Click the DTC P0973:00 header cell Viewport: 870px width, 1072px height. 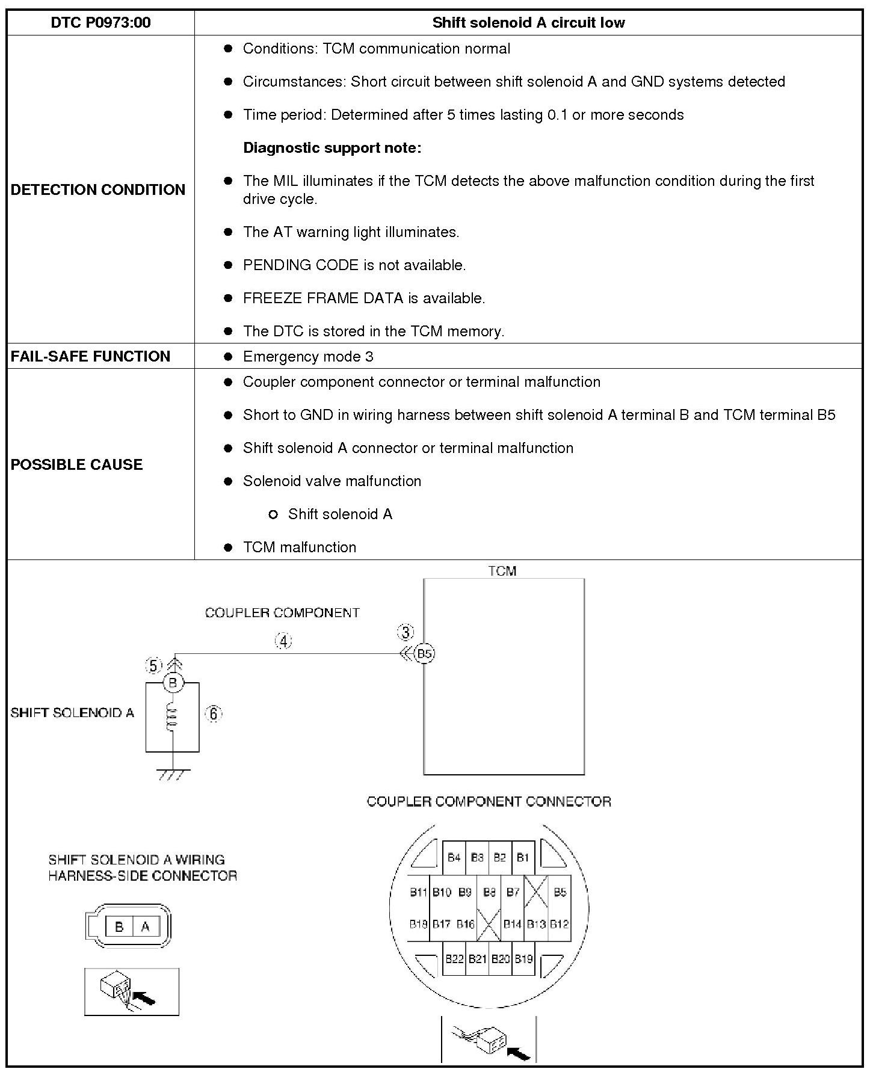click(x=100, y=23)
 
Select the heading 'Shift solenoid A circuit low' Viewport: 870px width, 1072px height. click(x=528, y=23)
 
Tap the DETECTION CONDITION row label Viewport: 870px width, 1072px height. click(x=98, y=189)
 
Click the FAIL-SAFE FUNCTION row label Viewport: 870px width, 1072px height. click(x=90, y=356)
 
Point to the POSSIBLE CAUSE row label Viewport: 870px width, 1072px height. click(x=76, y=464)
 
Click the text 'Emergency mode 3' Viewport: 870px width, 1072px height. click(x=308, y=357)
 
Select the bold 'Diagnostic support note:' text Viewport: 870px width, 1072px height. click(x=332, y=148)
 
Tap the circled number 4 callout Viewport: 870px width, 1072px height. click(x=283, y=641)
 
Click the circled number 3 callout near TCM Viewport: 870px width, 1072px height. click(x=406, y=632)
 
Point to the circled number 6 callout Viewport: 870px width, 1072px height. click(x=213, y=713)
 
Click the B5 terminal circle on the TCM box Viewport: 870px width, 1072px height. click(x=425, y=654)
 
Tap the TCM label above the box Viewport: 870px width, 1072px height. click(x=502, y=571)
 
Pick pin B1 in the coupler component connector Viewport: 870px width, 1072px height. click(x=522, y=857)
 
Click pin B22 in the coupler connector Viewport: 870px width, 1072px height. click(x=454, y=958)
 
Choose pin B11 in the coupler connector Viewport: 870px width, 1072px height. click(x=418, y=892)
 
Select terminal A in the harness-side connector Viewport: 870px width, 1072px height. click(x=145, y=927)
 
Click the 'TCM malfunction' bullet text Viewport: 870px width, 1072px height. click(x=300, y=547)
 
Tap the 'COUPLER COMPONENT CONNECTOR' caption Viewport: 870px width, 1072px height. click(x=489, y=802)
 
